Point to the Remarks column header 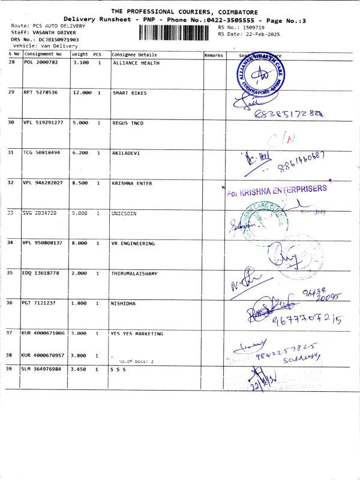tap(214, 55)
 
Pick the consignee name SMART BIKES tap(130, 93)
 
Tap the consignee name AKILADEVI tap(126, 153)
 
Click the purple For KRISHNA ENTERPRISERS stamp tap(277, 191)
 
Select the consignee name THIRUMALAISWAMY tap(135, 274)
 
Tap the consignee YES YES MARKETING tap(137, 333)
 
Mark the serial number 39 tap(11, 369)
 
